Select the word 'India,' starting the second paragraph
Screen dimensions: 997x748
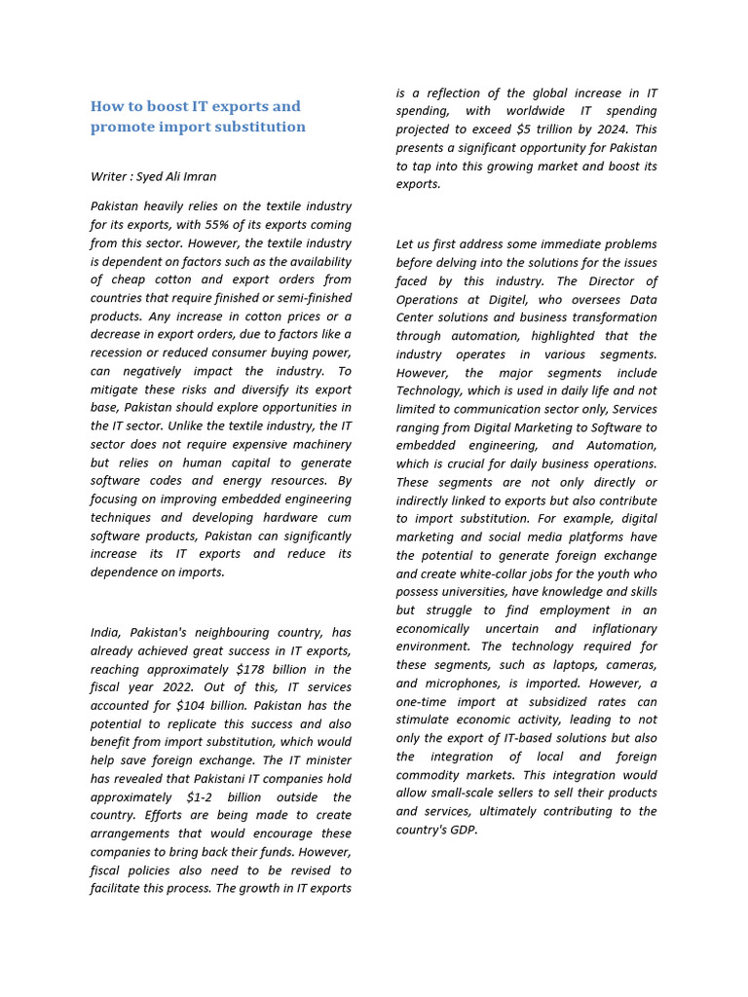coord(107,633)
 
